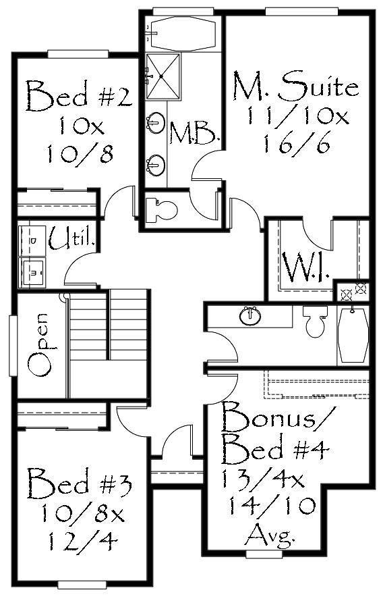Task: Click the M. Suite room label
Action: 296,84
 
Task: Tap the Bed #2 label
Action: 79,96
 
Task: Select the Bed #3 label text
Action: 79,483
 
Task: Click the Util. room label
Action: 71,238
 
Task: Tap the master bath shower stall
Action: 163,76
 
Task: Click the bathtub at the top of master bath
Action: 183,34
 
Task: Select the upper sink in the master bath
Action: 156,122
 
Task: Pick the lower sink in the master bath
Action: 156,163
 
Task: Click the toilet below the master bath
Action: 162,209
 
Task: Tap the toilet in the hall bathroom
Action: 316,321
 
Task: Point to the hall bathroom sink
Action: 250,316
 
